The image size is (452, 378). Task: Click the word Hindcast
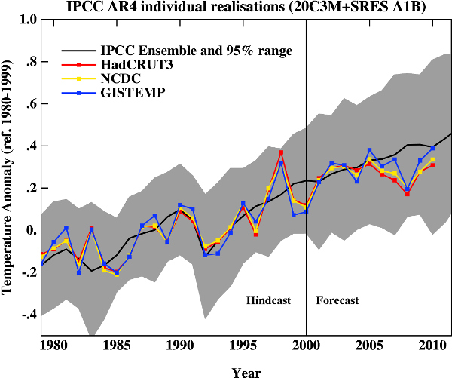pos(268,300)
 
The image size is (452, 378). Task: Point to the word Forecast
pos(337,300)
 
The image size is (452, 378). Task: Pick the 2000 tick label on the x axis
pos(306,348)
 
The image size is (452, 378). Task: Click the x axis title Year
pos(246,372)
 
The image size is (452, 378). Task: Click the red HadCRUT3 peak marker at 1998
pos(281,152)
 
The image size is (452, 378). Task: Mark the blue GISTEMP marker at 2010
pos(432,148)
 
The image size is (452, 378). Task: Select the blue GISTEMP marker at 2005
pos(369,150)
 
